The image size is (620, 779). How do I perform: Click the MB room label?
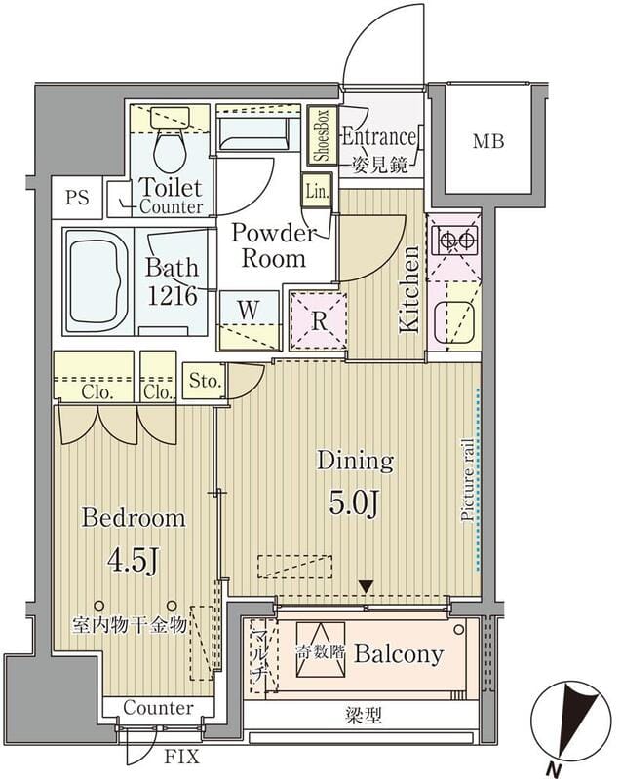(488, 141)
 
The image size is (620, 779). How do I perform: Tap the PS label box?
(77, 198)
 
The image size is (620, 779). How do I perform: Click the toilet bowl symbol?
(170, 147)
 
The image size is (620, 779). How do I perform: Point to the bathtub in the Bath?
(97, 281)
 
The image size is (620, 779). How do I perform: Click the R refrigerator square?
(319, 321)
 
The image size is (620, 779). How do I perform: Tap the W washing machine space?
(250, 320)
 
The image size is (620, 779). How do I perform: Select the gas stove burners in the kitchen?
(454, 240)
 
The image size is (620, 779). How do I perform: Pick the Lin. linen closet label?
(317, 191)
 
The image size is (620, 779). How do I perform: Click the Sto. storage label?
(205, 381)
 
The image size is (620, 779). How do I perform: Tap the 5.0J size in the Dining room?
(355, 504)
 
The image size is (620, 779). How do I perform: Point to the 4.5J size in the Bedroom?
(133, 561)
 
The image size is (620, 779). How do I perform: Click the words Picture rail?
(467, 479)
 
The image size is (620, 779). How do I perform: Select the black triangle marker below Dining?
(366, 587)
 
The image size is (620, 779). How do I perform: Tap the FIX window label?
(182, 757)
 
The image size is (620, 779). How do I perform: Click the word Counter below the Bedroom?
(158, 708)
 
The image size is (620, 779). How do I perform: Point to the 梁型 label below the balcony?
(364, 716)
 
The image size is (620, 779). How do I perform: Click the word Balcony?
(399, 654)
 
